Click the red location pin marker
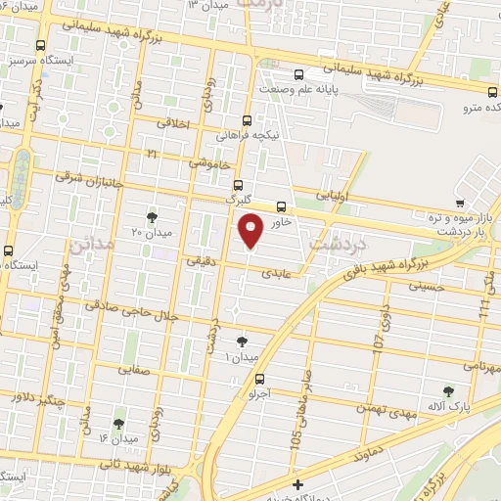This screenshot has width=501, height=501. (x=250, y=230)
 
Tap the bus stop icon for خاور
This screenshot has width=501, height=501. (x=282, y=206)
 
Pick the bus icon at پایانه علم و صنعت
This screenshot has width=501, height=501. (x=300, y=75)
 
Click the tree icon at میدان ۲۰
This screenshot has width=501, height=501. (x=152, y=216)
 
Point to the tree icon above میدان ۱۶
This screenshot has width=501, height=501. (x=118, y=424)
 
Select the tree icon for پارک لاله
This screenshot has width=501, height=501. (x=449, y=390)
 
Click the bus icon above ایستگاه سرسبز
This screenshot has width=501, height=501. (x=40, y=45)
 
